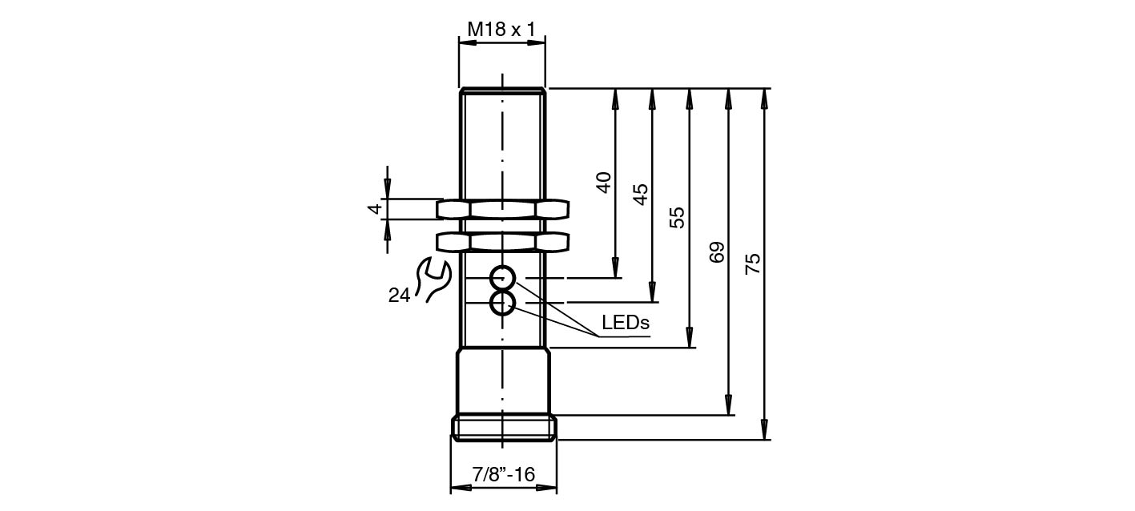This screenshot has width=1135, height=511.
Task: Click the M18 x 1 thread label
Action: click(x=501, y=30)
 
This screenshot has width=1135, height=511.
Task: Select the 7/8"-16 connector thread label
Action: click(x=503, y=474)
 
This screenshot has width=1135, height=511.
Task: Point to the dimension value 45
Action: click(x=641, y=194)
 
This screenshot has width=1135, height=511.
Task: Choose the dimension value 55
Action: click(x=678, y=217)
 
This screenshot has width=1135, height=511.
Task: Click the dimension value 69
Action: click(x=717, y=251)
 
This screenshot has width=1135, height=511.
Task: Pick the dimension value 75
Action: click(x=754, y=264)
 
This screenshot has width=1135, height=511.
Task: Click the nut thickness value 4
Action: click(x=373, y=209)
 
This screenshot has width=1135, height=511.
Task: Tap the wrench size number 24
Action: click(x=399, y=296)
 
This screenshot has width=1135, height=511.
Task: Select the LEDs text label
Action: click(x=626, y=324)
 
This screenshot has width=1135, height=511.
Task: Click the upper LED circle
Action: click(x=503, y=278)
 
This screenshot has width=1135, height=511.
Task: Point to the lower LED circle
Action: click(x=503, y=304)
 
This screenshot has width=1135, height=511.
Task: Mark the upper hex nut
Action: click(x=502, y=210)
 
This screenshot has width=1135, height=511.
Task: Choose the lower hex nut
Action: click(x=502, y=242)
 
